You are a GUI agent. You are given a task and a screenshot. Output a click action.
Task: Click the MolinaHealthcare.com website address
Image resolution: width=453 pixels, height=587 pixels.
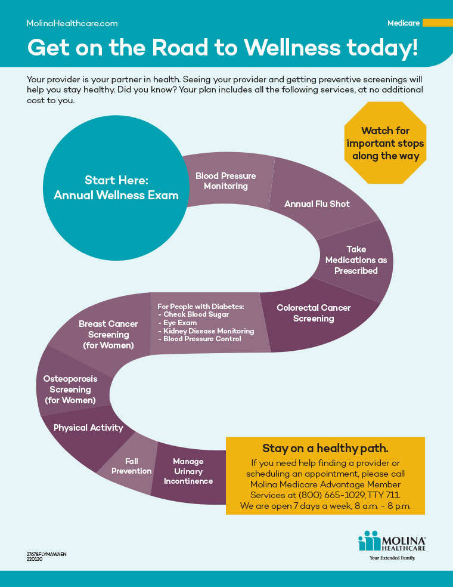click(72, 23)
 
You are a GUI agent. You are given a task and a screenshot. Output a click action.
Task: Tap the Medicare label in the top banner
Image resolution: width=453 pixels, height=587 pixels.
click(404, 23)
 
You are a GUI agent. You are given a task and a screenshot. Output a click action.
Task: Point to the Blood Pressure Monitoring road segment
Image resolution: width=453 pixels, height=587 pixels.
click(226, 181)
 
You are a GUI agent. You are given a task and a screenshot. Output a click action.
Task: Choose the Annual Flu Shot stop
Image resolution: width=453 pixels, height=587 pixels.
click(317, 204)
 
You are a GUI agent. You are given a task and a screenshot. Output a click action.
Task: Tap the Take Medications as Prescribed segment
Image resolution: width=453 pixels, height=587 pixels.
click(356, 260)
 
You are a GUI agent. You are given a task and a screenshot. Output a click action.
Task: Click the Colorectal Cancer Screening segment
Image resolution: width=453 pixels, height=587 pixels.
click(314, 313)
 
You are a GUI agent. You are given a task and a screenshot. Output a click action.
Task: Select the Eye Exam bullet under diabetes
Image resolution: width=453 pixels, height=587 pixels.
click(178, 322)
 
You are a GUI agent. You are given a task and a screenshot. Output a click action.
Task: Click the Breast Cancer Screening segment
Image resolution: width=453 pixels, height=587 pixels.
click(108, 334)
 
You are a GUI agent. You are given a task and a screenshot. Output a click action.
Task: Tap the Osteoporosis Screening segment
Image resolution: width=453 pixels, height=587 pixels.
click(70, 389)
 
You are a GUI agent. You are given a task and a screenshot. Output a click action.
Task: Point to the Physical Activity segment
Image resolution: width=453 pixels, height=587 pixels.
click(88, 428)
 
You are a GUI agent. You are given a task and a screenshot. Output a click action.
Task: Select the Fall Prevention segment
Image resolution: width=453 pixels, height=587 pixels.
click(132, 466)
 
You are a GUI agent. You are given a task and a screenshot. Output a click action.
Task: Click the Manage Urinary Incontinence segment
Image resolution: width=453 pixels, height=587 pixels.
click(188, 471)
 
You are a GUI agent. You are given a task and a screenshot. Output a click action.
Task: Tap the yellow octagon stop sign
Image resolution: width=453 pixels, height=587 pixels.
click(385, 143)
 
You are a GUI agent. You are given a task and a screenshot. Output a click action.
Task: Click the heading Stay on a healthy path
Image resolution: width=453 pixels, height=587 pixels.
click(325, 449)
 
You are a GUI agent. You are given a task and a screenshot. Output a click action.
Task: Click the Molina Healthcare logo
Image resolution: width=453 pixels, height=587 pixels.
click(392, 543)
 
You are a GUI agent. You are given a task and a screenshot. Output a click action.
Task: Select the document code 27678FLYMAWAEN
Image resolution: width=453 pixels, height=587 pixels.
click(46, 554)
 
